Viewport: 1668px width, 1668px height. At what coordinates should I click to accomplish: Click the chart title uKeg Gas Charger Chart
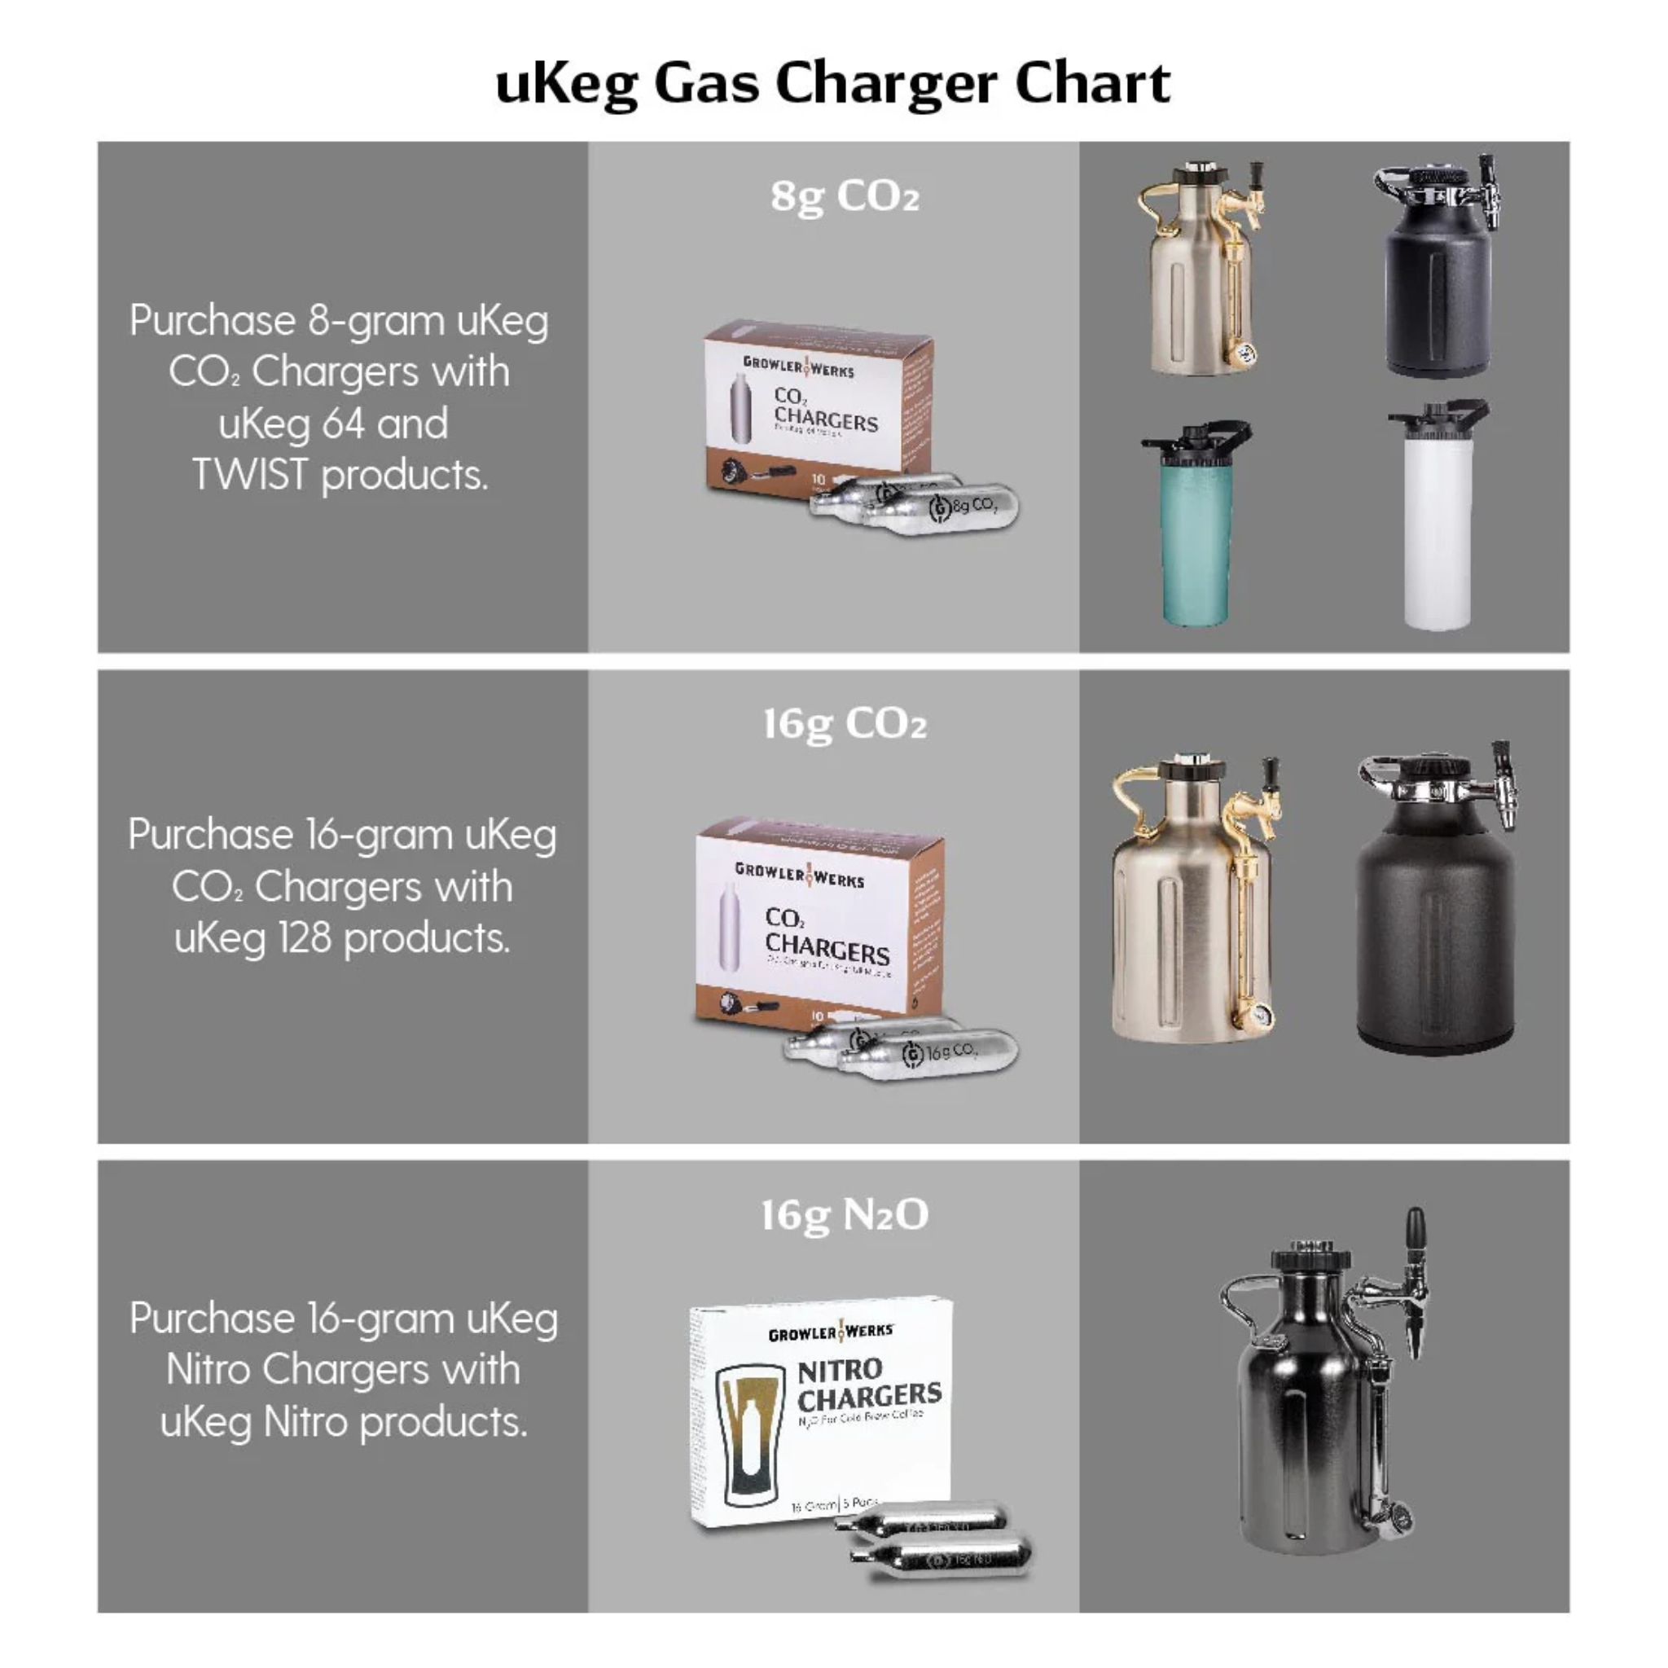click(832, 84)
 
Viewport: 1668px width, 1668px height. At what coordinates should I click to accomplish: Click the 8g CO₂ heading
click(845, 196)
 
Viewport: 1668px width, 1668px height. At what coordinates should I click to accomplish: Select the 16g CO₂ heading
click(845, 723)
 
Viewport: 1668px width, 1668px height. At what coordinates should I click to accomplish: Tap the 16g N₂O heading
click(845, 1214)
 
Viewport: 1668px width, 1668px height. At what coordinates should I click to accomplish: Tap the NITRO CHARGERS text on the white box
click(867, 1384)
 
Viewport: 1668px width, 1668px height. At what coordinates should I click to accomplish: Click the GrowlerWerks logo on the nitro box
click(831, 1332)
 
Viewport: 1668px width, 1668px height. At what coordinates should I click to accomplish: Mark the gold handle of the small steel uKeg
click(1152, 207)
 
